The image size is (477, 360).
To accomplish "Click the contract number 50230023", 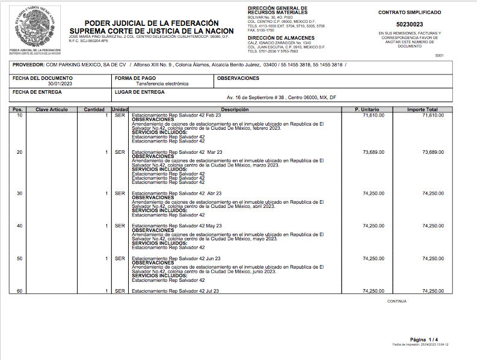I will pos(409,24).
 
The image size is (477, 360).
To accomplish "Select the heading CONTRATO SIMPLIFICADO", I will pos(409,12).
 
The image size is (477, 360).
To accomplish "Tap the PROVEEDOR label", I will pos(28,64).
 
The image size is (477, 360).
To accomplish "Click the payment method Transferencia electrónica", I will pos(162,84).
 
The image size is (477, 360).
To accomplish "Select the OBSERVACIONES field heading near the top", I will pos(238,78).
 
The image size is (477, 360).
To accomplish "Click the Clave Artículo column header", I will pos(52,109).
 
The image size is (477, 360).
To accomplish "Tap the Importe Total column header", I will pos(422,109).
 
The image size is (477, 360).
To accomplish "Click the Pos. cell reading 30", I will pos(19,194).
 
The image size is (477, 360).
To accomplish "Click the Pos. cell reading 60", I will pos(19,291).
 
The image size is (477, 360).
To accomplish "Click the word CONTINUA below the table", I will pos(397,301).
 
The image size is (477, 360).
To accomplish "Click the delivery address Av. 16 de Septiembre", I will pos(281,97).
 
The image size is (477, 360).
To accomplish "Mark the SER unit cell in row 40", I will pos(120,226).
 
